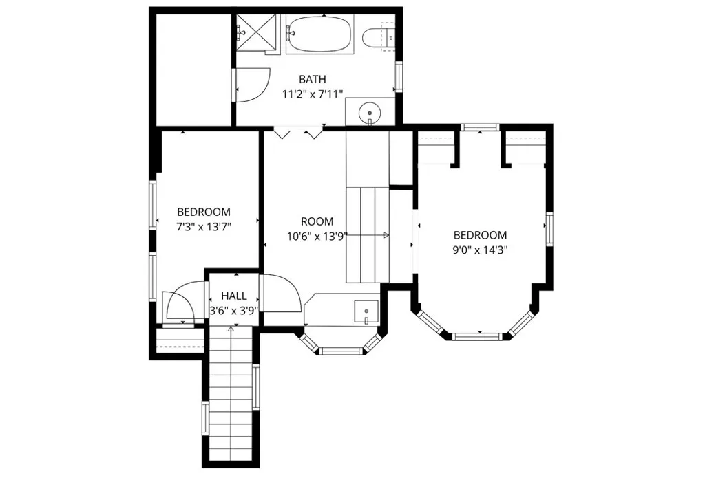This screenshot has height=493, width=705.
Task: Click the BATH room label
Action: tap(312, 80)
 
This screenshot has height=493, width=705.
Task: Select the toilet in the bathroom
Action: tap(378, 36)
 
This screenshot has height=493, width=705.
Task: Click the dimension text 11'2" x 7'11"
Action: tap(312, 94)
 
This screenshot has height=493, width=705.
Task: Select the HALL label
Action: tap(234, 296)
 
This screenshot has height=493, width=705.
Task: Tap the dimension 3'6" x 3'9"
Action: tap(234, 310)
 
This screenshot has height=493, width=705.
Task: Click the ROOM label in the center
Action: tap(317, 221)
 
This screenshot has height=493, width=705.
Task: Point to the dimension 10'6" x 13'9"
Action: tap(317, 236)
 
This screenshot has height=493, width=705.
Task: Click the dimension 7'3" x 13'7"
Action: tap(203, 226)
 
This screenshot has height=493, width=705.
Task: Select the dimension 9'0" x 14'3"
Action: tap(480, 250)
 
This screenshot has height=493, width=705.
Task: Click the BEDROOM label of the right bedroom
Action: tap(480, 235)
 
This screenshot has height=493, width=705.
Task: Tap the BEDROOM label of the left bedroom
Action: tap(203, 212)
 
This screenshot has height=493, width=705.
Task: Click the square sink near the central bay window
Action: tap(366, 311)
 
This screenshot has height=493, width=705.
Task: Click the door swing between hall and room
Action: tap(281, 292)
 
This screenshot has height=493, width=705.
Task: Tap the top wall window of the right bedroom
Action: tap(479, 127)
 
